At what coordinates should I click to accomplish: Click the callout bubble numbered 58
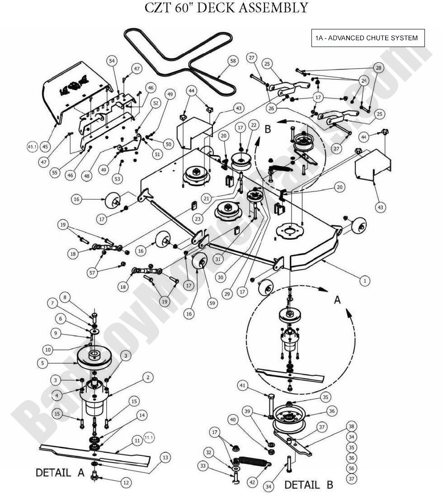[x=232, y=61]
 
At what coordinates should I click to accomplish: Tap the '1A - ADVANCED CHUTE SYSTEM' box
[x=368, y=38]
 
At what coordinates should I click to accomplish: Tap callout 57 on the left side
[x=92, y=272]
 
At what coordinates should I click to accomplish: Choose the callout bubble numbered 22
[x=254, y=124]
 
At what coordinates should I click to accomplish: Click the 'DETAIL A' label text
[x=60, y=473]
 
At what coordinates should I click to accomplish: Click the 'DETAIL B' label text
[x=308, y=485]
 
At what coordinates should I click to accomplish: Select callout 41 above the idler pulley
[x=243, y=385]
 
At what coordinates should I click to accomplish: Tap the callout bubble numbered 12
[x=126, y=483]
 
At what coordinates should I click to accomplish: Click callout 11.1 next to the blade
[x=149, y=437]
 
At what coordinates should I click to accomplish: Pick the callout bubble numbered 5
[x=42, y=362]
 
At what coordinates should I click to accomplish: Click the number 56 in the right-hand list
[x=352, y=468]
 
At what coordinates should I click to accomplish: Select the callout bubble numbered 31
[x=218, y=259]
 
